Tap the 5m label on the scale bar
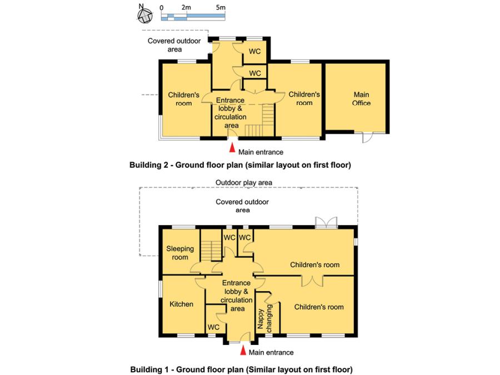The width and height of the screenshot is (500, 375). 221,8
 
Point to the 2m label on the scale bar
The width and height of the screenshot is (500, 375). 186,8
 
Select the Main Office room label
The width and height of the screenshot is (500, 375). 361,99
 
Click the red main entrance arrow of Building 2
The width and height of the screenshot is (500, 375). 231,148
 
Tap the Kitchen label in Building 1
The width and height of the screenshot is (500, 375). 181,304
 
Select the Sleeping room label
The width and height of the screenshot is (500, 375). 180,253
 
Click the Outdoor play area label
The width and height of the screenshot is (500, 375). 244,182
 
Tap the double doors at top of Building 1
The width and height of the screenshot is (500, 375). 326,222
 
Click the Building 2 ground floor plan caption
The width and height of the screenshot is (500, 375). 240,165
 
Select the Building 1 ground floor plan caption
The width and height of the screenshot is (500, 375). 241,369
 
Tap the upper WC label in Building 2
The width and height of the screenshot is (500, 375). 254,52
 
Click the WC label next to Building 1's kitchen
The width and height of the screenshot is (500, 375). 213,328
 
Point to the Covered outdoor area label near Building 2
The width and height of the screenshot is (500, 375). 174,45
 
